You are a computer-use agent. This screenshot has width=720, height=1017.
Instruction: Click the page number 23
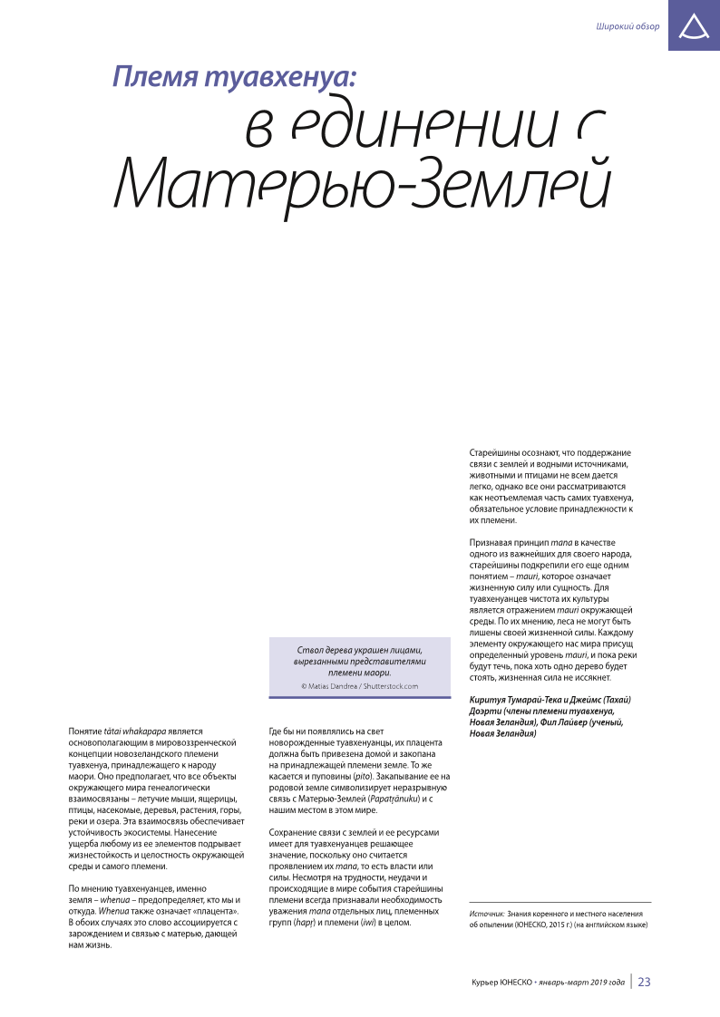click(x=645, y=982)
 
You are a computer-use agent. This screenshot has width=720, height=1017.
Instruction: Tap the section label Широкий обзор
click(x=628, y=26)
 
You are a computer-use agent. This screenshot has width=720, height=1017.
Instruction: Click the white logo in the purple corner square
click(x=694, y=26)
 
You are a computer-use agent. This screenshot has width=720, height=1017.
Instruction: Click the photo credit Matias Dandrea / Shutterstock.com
click(x=359, y=686)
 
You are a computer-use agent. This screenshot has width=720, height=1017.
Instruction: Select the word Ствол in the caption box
click(x=313, y=651)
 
